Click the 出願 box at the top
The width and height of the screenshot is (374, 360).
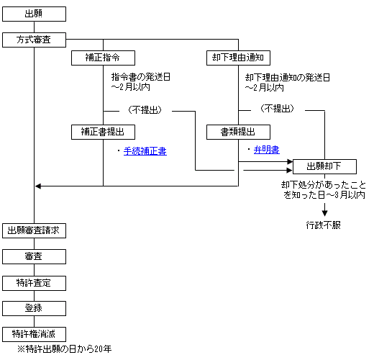tap(34, 14)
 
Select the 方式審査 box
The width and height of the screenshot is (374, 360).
tap(34, 40)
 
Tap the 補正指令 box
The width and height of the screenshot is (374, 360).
tap(103, 58)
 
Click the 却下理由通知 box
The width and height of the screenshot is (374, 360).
tap(238, 58)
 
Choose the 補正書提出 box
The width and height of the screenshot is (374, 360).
tap(103, 132)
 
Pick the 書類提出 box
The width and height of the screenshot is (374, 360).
tap(238, 132)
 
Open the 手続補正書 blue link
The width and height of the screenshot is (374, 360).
tap(145, 151)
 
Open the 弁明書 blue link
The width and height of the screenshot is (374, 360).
tap(267, 150)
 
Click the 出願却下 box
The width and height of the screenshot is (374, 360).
tap(324, 166)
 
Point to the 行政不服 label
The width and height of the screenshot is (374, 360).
tap(324, 225)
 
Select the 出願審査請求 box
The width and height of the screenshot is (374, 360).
tap(34, 230)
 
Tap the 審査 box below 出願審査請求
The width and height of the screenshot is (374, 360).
tap(34, 256)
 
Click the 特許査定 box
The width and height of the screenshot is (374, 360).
tap(34, 283)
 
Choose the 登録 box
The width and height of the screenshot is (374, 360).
tap(34, 308)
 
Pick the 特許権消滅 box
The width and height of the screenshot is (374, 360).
tap(34, 334)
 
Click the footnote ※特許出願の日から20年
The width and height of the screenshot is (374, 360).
tap(65, 349)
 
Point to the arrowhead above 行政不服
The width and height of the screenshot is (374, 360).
tap(324, 213)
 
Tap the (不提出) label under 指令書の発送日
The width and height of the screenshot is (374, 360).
tap(145, 110)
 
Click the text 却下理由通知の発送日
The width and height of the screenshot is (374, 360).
tap(287, 78)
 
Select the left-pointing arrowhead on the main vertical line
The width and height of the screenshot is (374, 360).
tap(38, 186)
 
